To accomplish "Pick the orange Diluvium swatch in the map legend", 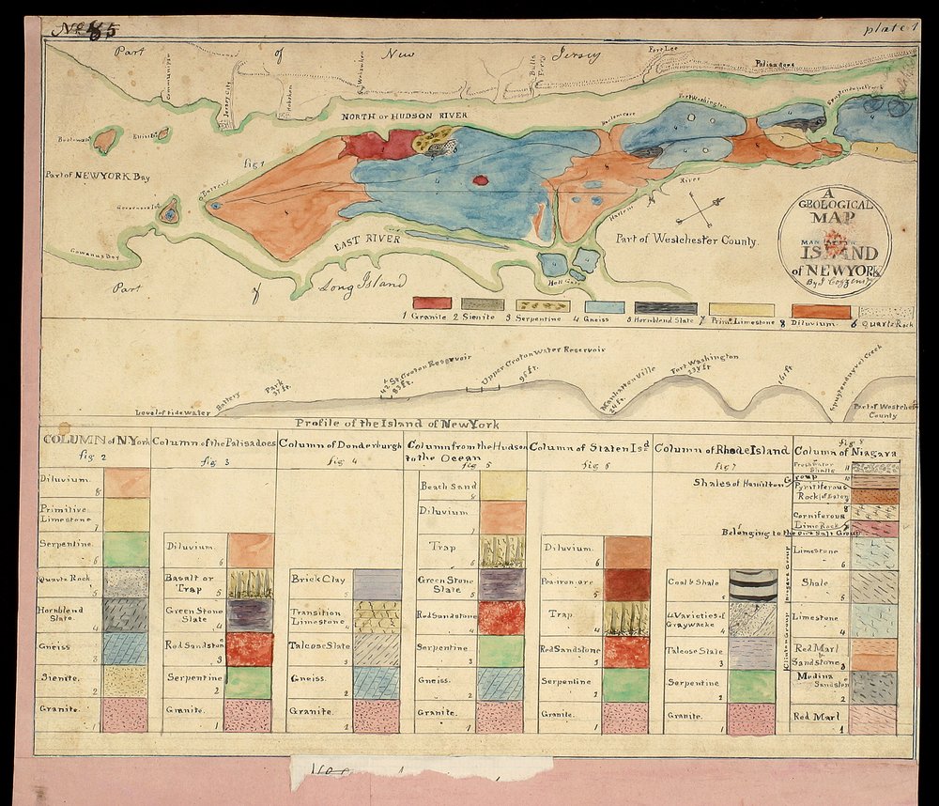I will point(821,311).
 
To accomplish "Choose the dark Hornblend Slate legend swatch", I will point(665,307).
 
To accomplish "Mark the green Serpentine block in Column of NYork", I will point(126,549).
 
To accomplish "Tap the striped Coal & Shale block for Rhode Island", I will point(751,584).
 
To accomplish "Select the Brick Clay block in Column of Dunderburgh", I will point(376,584).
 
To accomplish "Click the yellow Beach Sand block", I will point(502,485).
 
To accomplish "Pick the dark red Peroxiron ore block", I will point(626,584).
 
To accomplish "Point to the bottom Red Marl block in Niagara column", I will point(873,719).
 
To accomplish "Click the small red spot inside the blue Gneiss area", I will point(481,180).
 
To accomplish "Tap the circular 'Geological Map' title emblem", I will point(834,240).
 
